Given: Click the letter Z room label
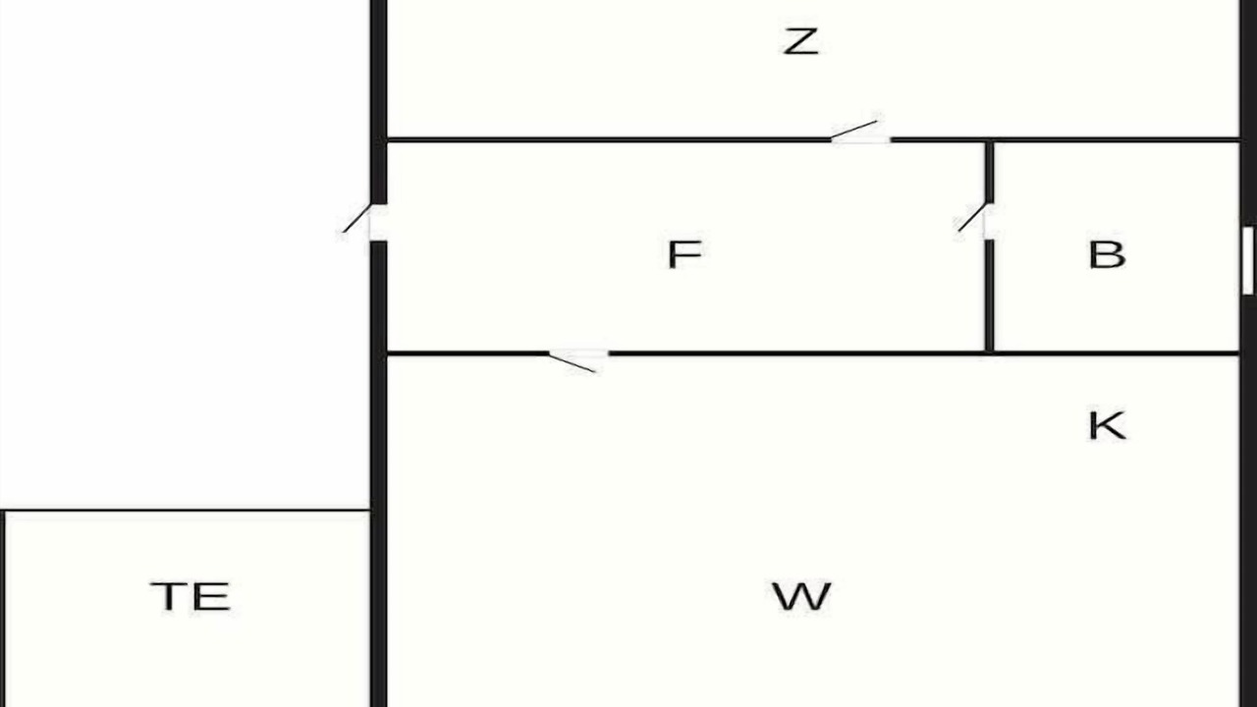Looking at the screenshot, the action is pyautogui.click(x=800, y=41).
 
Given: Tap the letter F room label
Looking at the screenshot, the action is pyautogui.click(x=684, y=254).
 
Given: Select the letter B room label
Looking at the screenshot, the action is pyautogui.click(x=1107, y=254).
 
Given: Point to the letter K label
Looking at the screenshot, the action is pyautogui.click(x=1107, y=425).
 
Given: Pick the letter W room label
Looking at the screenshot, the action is pyautogui.click(x=800, y=596).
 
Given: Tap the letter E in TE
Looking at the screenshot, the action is pyautogui.click(x=211, y=596).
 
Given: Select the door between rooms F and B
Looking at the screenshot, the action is pyautogui.click(x=975, y=221).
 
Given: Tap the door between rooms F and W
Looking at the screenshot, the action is pyautogui.click(x=578, y=360).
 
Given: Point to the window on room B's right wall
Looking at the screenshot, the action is pyautogui.click(x=1248, y=260).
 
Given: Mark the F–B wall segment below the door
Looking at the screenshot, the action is pyautogui.click(x=990, y=296).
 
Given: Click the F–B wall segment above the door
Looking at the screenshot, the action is pyautogui.click(x=990, y=172).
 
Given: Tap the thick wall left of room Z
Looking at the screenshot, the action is pyautogui.click(x=379, y=101).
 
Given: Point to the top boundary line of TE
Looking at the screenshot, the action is pyautogui.click(x=186, y=510).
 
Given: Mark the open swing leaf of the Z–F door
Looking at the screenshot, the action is pyautogui.click(x=853, y=129).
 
